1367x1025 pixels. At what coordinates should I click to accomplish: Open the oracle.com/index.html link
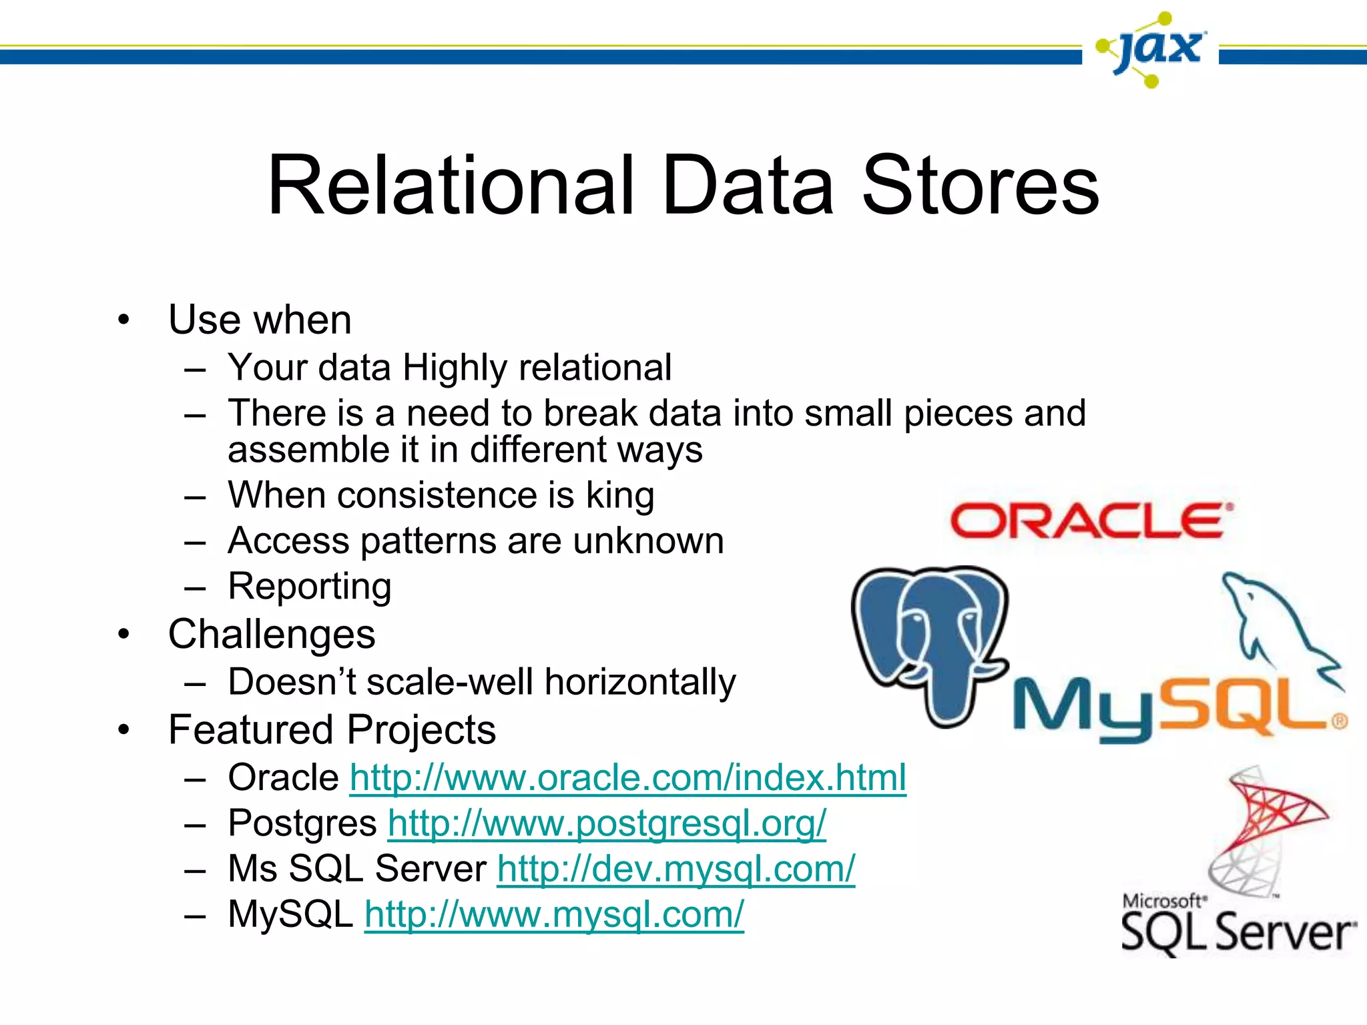tap(627, 778)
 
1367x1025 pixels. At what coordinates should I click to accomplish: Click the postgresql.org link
tap(607, 823)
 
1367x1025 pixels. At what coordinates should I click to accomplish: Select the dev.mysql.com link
tap(675, 869)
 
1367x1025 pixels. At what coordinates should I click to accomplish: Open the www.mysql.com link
tap(554, 914)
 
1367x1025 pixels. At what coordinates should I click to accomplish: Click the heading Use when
tap(260, 320)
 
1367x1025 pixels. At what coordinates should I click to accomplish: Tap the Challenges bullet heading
tap(272, 634)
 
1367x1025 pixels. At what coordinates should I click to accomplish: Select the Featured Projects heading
tap(332, 729)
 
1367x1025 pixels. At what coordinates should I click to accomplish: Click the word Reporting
tap(310, 587)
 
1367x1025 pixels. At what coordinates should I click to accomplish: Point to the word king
tap(620, 496)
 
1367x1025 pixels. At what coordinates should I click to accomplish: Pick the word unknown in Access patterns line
tap(647, 541)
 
